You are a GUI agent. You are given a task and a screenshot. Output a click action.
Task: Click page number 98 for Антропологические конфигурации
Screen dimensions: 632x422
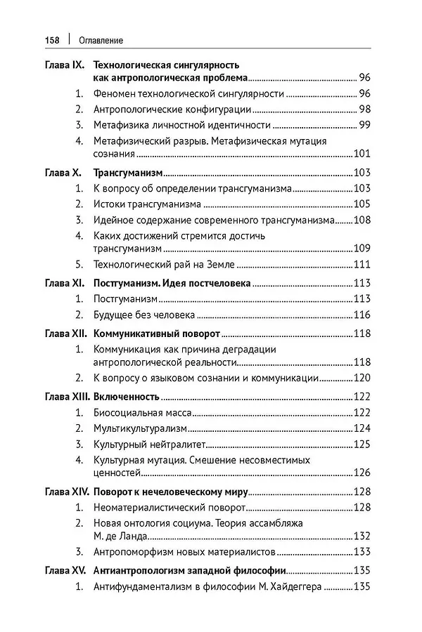(364, 110)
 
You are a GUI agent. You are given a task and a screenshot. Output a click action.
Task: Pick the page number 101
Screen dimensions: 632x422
(362, 154)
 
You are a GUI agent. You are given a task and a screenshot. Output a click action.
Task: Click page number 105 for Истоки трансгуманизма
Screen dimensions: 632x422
(362, 204)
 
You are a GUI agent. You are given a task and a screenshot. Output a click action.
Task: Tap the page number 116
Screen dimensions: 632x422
(362, 315)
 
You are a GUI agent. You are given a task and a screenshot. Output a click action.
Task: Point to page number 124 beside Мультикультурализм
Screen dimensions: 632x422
(362, 428)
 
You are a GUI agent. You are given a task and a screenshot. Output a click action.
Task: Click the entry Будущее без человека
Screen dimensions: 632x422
(144, 315)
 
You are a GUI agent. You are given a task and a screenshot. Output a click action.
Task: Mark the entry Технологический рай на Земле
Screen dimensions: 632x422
(164, 265)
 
